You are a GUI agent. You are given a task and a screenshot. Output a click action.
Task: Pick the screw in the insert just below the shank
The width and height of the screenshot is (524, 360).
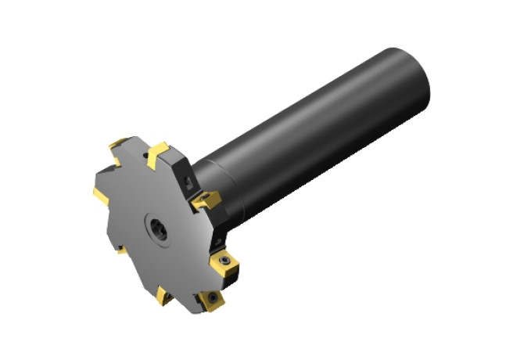coord(226,258)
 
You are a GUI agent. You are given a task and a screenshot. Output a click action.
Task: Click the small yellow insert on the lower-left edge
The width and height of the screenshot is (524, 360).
coord(119,250)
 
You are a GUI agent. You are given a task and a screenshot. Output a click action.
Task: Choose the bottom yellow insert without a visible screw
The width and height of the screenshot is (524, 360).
coord(166,296)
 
